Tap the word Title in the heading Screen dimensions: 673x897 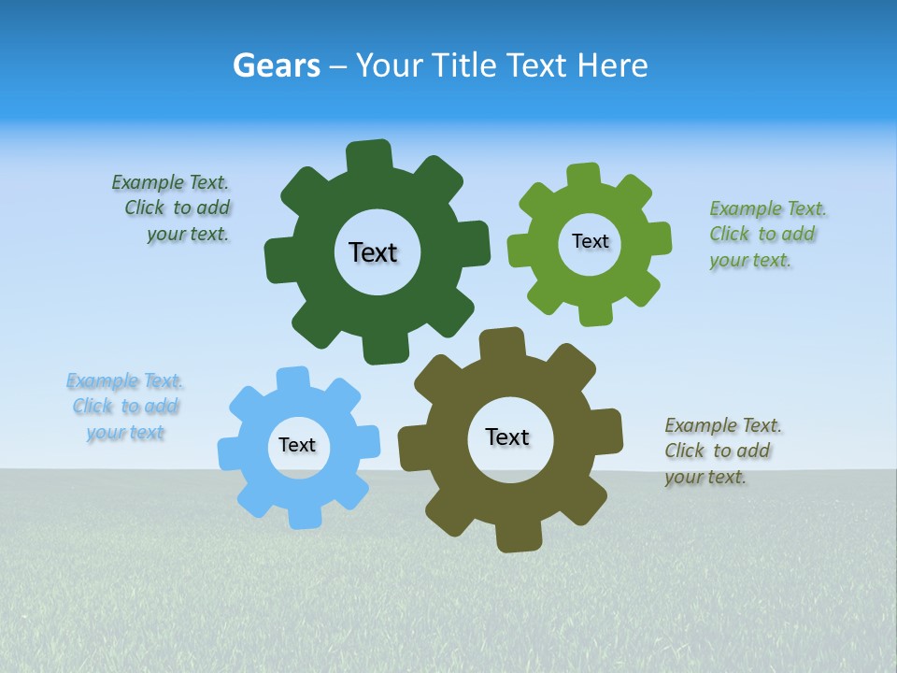[468, 65]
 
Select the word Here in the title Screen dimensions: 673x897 [612, 65]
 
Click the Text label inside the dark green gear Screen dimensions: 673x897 [373, 252]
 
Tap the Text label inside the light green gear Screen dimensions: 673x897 [590, 241]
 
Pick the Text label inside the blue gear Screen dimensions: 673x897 [297, 445]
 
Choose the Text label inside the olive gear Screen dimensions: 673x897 [507, 437]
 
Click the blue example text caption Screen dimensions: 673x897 [125, 407]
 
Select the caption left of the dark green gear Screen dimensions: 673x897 [172, 208]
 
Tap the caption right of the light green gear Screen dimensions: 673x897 [767, 235]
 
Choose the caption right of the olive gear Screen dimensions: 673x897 [723, 451]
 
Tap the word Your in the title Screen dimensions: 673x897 [391, 65]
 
